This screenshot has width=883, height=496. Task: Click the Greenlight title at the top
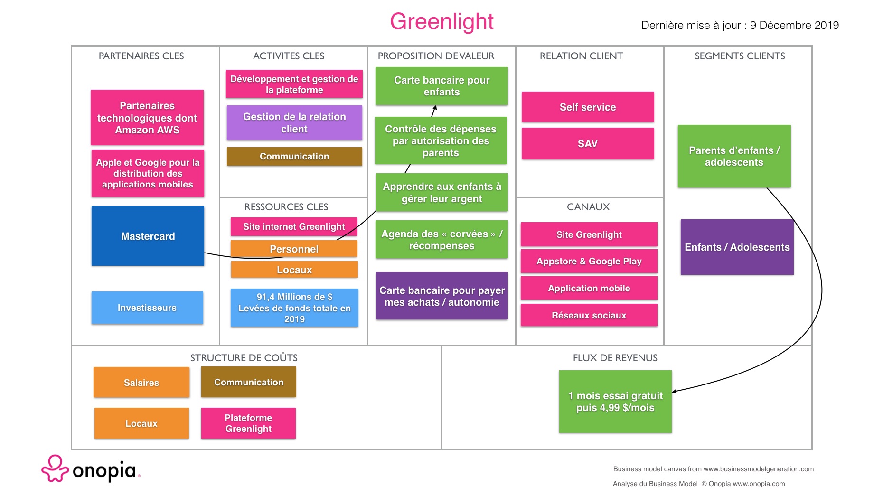441,22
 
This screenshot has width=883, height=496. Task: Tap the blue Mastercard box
148,236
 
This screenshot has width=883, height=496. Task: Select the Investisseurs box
147,308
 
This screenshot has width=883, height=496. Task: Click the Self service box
588,107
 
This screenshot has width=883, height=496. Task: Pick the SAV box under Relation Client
588,143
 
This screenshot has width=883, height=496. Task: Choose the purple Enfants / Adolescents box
737,247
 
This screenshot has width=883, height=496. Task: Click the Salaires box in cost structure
141,382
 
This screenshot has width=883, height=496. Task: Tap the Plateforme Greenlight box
248,423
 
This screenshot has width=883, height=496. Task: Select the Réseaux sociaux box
589,315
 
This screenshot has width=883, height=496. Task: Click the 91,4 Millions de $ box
294,308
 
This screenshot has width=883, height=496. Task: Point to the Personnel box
294,249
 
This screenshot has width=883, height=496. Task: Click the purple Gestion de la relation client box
294,122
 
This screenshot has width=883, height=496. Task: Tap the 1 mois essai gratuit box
615,402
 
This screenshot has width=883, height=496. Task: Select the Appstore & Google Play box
589,261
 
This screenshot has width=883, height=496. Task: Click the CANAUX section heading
588,207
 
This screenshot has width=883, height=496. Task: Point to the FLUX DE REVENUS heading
615,358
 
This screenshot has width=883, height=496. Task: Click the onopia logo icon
55,468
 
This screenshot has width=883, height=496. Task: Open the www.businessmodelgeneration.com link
758,469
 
